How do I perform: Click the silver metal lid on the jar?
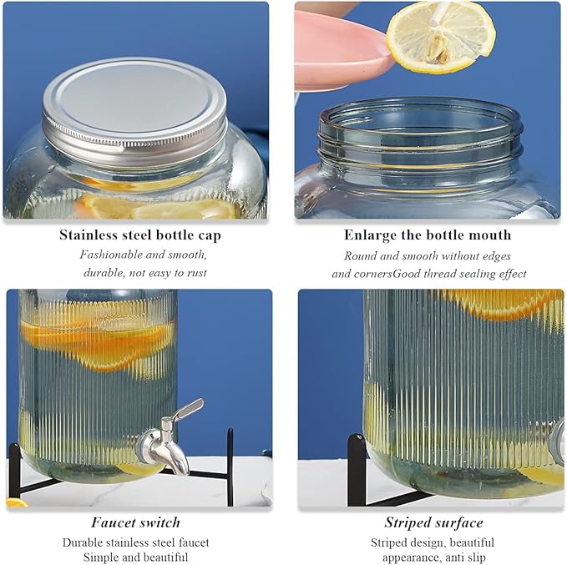click(x=134, y=108)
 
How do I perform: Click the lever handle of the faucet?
click(x=188, y=409)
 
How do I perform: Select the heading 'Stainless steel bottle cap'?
click(x=140, y=235)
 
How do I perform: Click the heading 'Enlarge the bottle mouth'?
click(x=428, y=235)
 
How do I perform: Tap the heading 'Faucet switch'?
click(x=135, y=522)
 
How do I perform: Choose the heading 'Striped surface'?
click(x=433, y=522)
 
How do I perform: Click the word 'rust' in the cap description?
click(x=197, y=273)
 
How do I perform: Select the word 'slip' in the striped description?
click(x=477, y=557)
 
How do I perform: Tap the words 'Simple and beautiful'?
click(x=135, y=557)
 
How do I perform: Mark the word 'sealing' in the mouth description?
click(x=473, y=274)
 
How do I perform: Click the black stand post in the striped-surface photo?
click(x=357, y=470)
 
